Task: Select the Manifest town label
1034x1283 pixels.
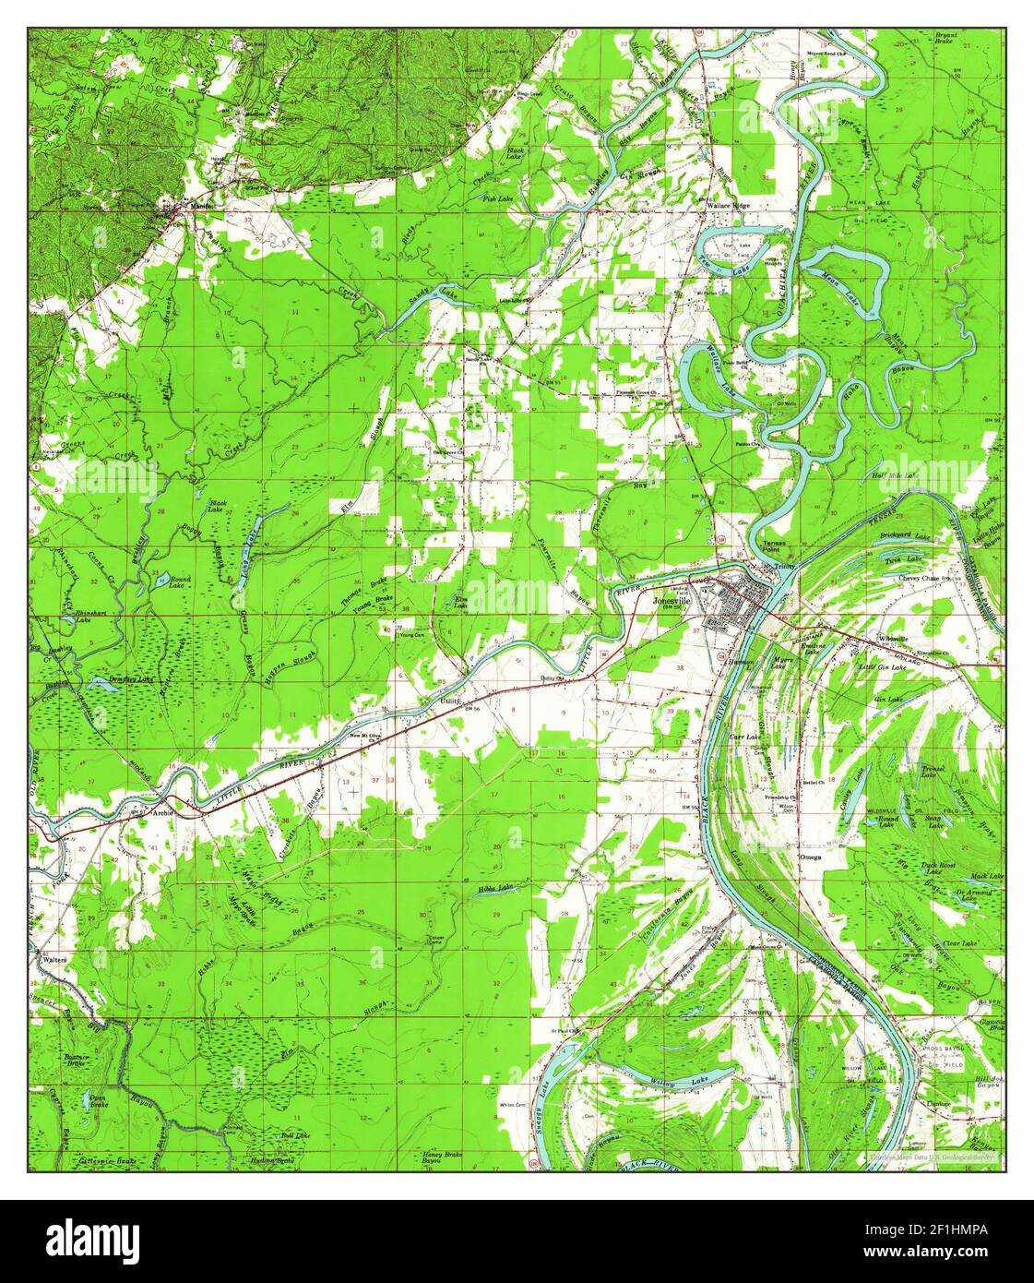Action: tap(202, 206)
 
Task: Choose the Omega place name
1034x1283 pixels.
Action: tap(809, 857)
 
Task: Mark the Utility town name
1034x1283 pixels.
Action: tap(449, 701)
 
